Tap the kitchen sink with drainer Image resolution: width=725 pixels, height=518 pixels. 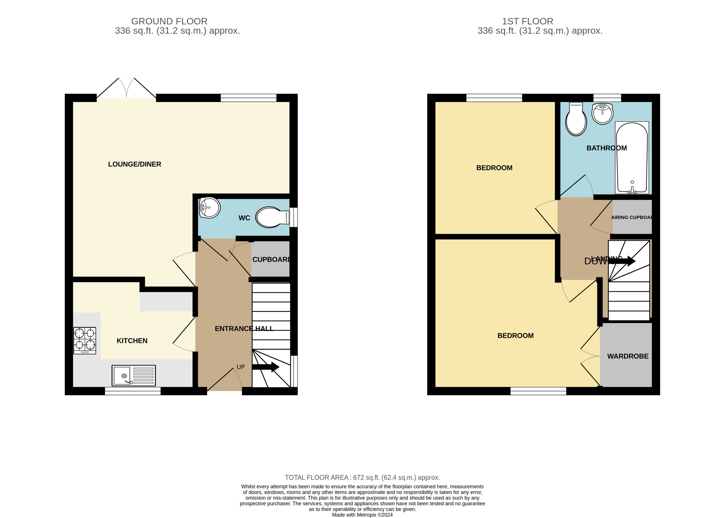point(134,375)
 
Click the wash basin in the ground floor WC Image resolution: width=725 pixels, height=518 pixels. point(209,208)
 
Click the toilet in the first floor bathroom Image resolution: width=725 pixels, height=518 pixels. point(576,119)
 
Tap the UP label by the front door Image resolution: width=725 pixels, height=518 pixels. point(241,367)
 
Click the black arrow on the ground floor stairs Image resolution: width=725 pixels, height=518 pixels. point(266,367)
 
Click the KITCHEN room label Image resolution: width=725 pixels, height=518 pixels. point(132,341)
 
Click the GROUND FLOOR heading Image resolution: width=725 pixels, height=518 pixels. point(169,21)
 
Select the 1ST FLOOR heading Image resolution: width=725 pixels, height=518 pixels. point(527,21)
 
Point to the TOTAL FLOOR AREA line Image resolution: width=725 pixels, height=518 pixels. point(362,477)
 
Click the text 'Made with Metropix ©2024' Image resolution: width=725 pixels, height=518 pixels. point(362,514)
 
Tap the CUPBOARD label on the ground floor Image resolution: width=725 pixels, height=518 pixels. point(271,260)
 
